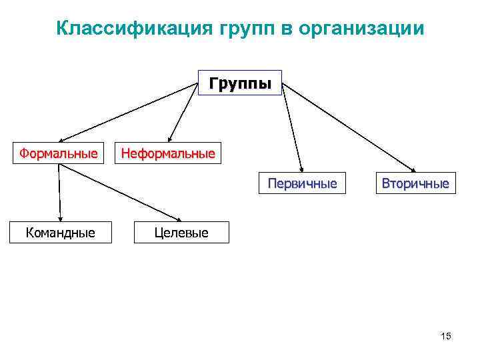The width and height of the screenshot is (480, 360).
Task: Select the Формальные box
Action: [x=58, y=154]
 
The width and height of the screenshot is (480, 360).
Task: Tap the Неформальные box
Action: [x=167, y=154]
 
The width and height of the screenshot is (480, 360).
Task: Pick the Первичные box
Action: [x=302, y=183]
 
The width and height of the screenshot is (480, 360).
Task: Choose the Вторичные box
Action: [x=415, y=183]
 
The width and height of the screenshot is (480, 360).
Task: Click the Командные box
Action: [x=60, y=233]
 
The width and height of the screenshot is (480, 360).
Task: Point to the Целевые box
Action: [x=181, y=233]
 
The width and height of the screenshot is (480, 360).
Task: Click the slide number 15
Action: [x=446, y=336]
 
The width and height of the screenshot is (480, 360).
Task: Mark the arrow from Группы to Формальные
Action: [x=133, y=113]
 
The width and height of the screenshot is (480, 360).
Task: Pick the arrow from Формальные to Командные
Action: [x=59, y=193]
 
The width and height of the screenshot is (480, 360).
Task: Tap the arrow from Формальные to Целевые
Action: [x=120, y=193]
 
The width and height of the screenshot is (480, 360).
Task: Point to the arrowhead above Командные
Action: [x=60, y=218]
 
